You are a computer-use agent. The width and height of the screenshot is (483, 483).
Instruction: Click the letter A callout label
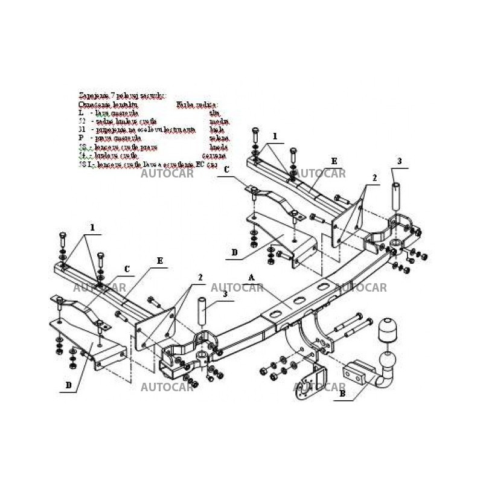(252, 277)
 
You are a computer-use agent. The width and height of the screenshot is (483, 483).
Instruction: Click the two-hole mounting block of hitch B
(356, 370)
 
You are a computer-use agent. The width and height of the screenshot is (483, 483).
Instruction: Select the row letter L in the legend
(82, 113)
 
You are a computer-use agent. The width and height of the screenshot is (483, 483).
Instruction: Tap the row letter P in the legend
(82, 138)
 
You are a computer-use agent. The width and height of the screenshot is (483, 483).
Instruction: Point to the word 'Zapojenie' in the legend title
(91, 95)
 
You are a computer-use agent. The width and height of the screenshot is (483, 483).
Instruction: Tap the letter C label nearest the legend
(226, 170)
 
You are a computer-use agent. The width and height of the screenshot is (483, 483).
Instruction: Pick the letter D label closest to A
(234, 252)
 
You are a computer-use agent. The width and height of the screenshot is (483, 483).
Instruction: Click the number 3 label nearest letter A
(225, 294)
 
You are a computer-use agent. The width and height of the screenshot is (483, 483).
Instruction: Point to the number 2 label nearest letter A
(200, 278)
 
